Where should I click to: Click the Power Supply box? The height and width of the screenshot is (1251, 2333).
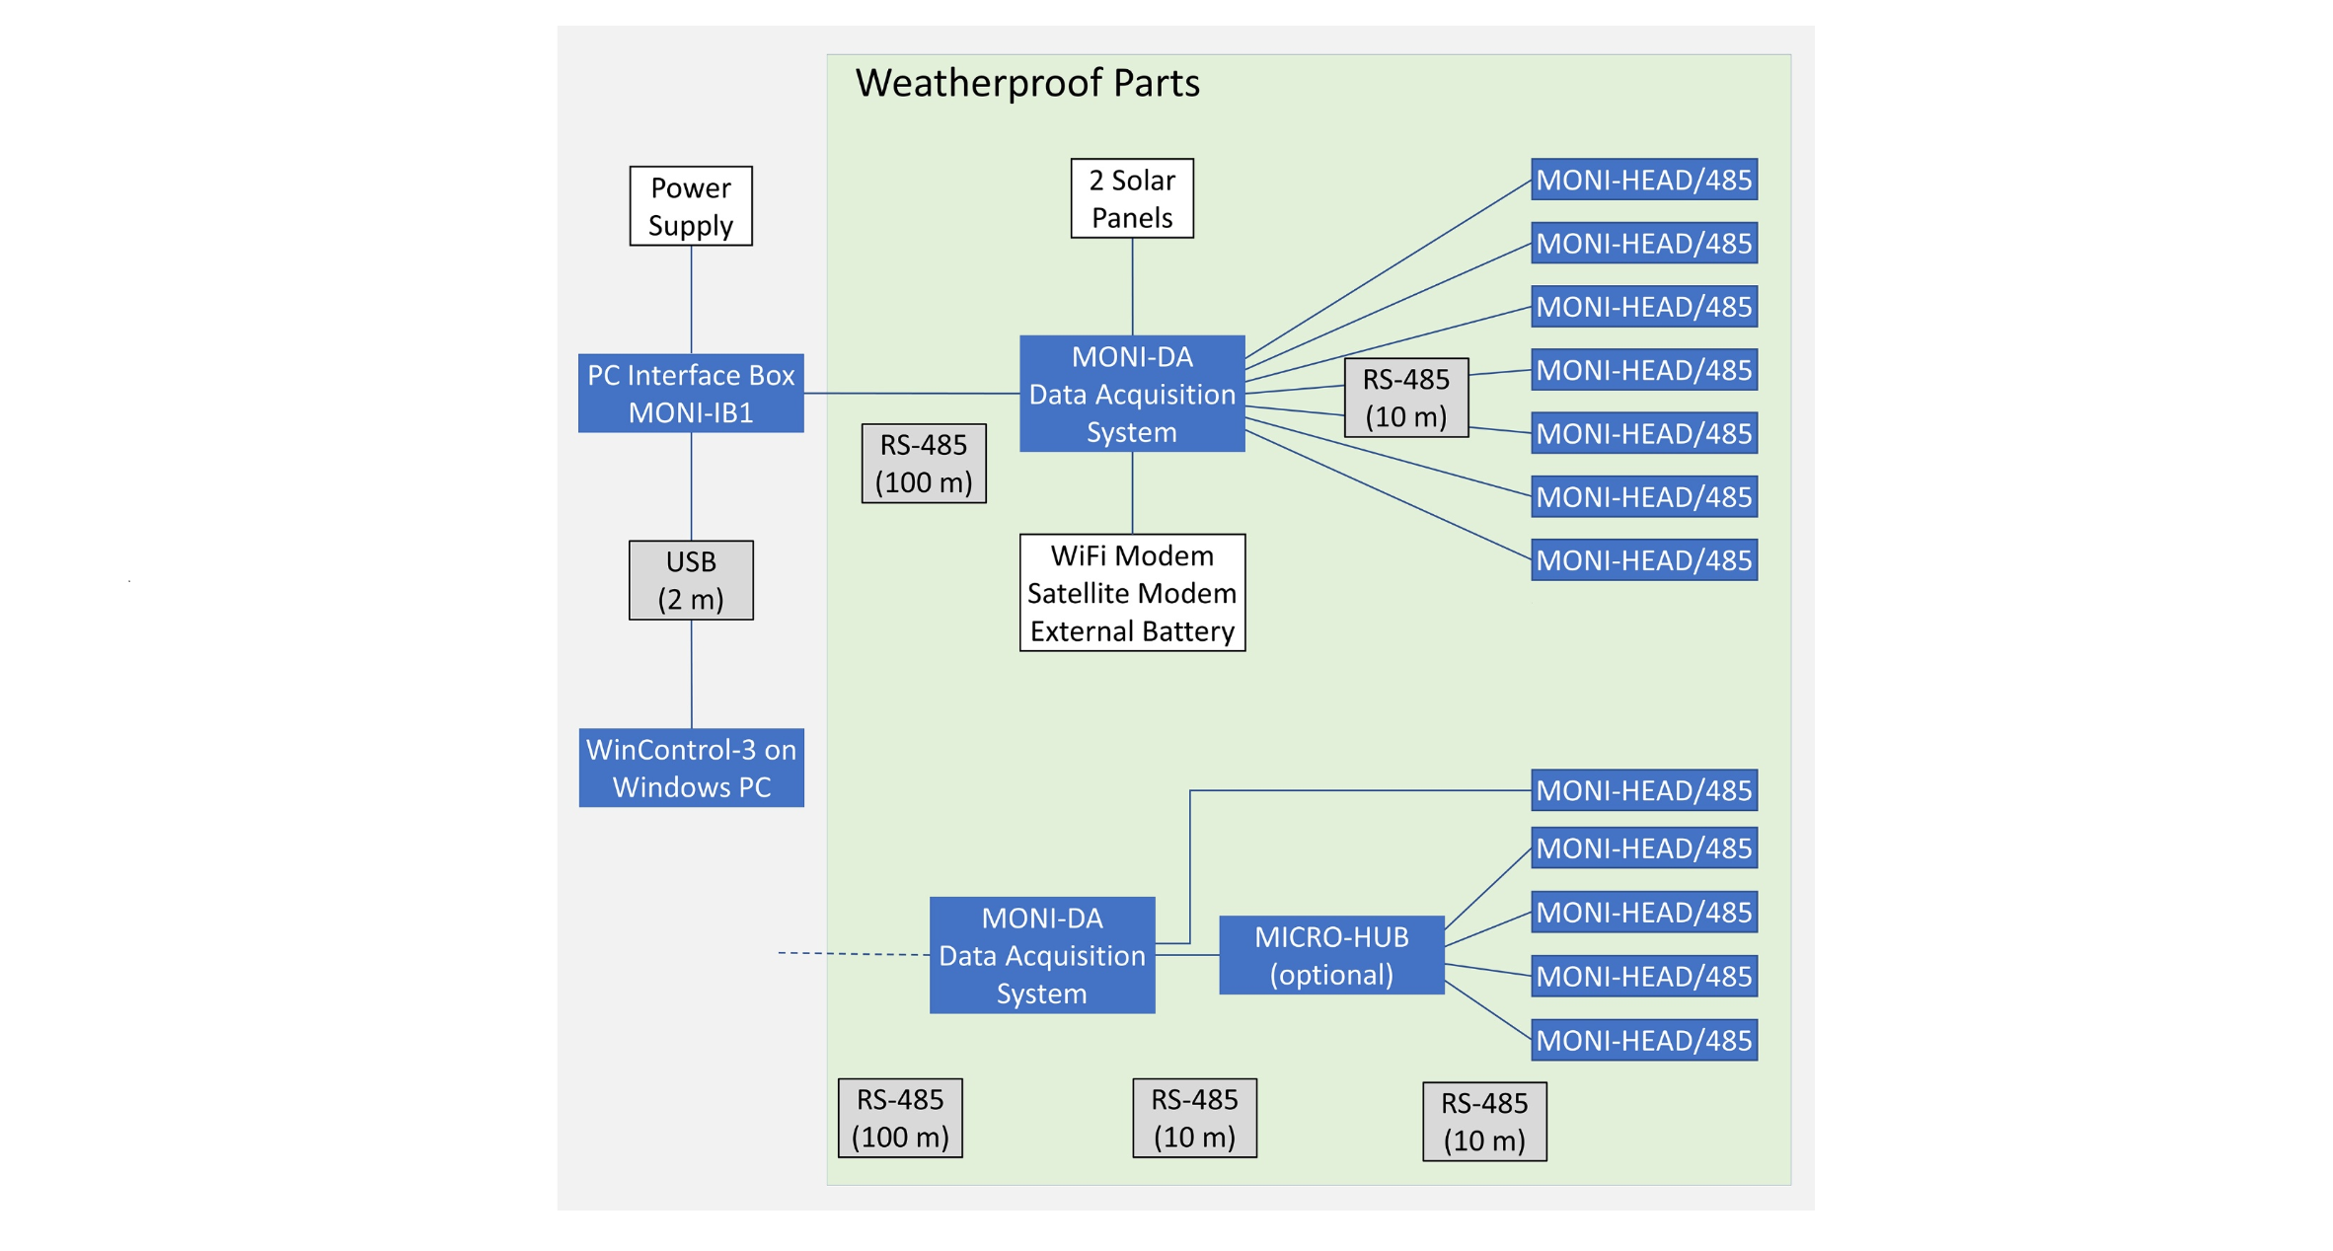click(x=691, y=205)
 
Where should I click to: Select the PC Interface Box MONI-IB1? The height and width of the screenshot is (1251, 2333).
click(x=691, y=393)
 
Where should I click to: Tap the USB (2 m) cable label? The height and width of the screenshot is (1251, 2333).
click(x=691, y=580)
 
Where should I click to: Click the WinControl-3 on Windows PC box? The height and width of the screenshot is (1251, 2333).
click(x=691, y=768)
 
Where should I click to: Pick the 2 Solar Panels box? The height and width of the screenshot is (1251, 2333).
click(x=1132, y=198)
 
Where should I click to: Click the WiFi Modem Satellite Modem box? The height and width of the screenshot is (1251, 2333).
click(x=1132, y=592)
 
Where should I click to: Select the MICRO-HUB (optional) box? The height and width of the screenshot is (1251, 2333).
click(x=1331, y=955)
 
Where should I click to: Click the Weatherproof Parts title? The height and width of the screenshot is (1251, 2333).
click(x=1026, y=83)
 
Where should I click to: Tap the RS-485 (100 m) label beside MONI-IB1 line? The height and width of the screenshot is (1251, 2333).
click(x=924, y=464)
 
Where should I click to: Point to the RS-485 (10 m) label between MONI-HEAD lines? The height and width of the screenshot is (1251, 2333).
click(x=1405, y=398)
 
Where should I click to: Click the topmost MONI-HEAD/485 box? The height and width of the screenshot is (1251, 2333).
click(x=1644, y=180)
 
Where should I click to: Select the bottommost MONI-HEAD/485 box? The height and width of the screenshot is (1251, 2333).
click(x=1644, y=1040)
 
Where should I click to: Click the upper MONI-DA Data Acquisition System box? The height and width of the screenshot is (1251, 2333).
click(x=1132, y=394)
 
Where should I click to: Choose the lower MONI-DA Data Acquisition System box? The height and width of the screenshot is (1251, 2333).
click(x=1042, y=955)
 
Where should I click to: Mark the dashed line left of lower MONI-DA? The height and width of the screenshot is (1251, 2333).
click(x=854, y=954)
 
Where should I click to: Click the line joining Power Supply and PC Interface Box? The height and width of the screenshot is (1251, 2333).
click(x=691, y=300)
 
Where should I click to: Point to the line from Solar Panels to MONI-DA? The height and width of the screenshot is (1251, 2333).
click(x=1132, y=286)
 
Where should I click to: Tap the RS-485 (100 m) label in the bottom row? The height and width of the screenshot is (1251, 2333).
click(x=900, y=1118)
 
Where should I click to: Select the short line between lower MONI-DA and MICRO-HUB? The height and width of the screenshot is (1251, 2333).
click(x=1187, y=955)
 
